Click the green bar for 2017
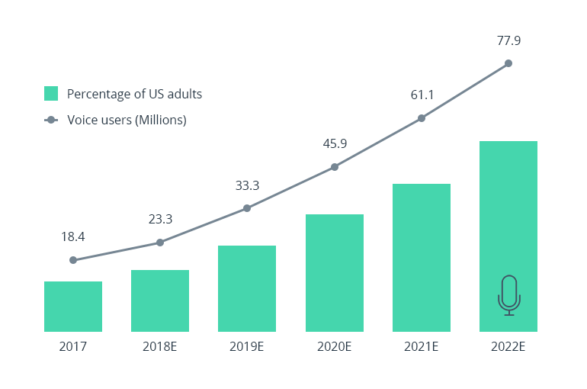tap(73, 307)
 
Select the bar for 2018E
tap(160, 301)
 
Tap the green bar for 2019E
tap(247, 288)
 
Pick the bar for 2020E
tap(334, 273)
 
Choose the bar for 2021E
tap(421, 258)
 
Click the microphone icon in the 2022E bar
tap(508, 295)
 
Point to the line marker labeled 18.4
tap(73, 260)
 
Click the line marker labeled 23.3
tap(160, 243)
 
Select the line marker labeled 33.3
tap(247, 207)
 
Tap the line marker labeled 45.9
tap(334, 167)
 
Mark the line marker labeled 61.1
tap(421, 118)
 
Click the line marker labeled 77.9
tap(508, 63)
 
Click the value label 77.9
tap(508, 40)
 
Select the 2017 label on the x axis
tap(73, 346)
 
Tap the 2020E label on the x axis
tap(334, 346)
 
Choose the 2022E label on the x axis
tap(508, 346)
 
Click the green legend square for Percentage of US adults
tap(51, 94)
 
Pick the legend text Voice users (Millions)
tap(127, 120)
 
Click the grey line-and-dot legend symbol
tap(51, 120)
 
